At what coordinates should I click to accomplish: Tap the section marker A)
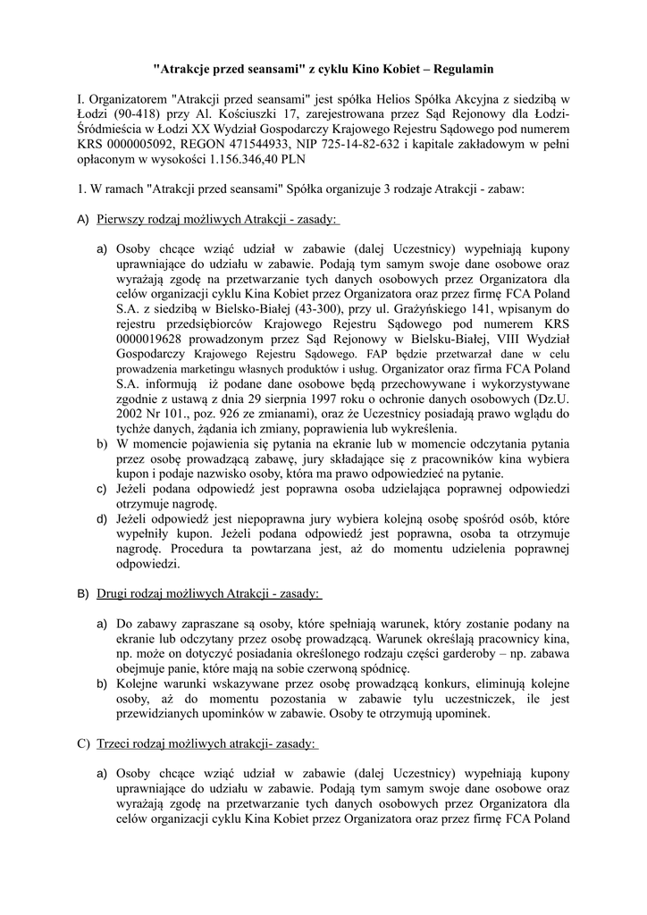83,220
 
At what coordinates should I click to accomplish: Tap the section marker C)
83,744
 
